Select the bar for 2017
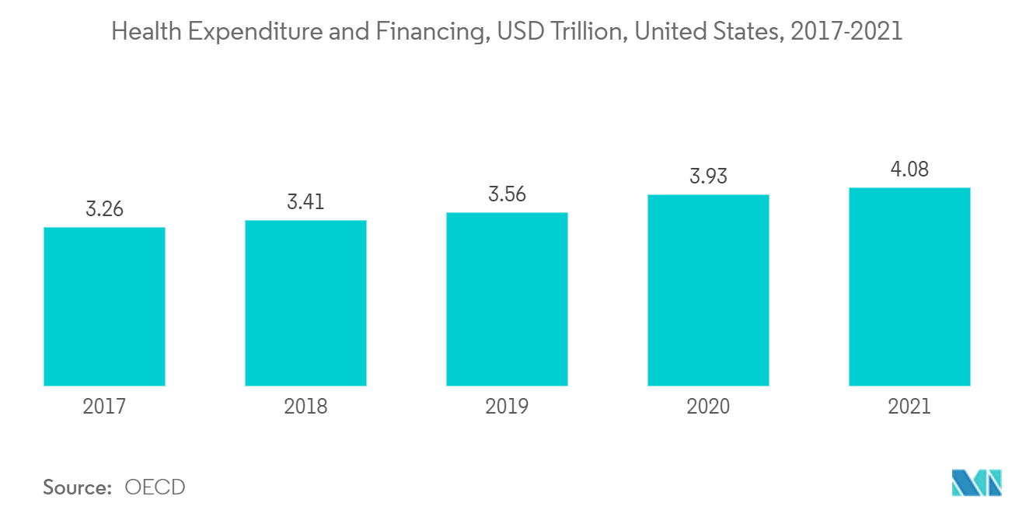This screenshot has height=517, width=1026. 104,306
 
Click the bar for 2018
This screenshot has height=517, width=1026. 305,302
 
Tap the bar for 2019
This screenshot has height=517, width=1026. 507,299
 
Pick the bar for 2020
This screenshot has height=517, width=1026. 708,290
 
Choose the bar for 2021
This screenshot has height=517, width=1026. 909,286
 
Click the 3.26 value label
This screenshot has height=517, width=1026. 104,209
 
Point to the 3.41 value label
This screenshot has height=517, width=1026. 305,202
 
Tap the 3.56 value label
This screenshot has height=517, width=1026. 507,194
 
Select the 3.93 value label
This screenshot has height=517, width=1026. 708,176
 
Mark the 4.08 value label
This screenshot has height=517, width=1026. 909,169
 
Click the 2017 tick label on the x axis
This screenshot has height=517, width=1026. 104,406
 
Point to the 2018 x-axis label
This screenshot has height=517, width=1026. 305,406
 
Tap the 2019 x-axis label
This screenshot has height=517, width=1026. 507,406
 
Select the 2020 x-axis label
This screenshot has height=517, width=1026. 708,406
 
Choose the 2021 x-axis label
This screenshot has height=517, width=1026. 909,406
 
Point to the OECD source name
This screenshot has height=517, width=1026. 155,487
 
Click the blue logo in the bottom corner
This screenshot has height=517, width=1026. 977,483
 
